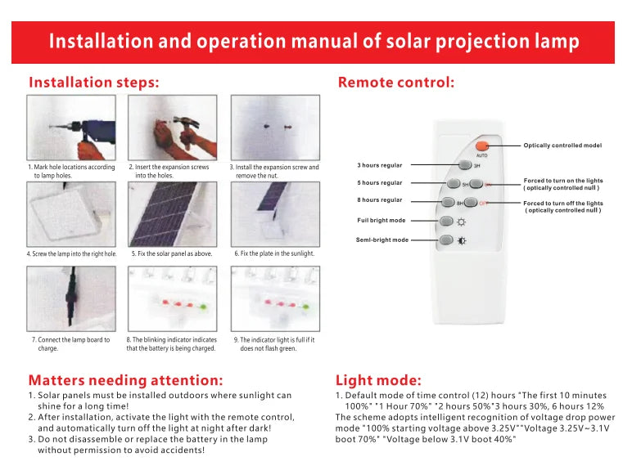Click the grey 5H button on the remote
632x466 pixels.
click(x=452, y=184)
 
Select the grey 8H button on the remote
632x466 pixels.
click(x=447, y=202)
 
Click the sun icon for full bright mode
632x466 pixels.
click(x=463, y=222)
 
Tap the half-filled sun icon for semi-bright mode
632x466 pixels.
click(x=463, y=240)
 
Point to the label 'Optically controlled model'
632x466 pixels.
click(x=562, y=146)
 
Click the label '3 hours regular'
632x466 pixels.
click(x=379, y=165)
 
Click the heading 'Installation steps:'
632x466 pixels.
click(x=93, y=83)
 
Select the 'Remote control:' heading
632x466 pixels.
click(x=395, y=83)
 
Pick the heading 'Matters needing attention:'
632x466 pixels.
click(x=125, y=380)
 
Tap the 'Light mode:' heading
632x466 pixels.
click(x=378, y=380)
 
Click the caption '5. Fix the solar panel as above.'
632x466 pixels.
click(x=172, y=254)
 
